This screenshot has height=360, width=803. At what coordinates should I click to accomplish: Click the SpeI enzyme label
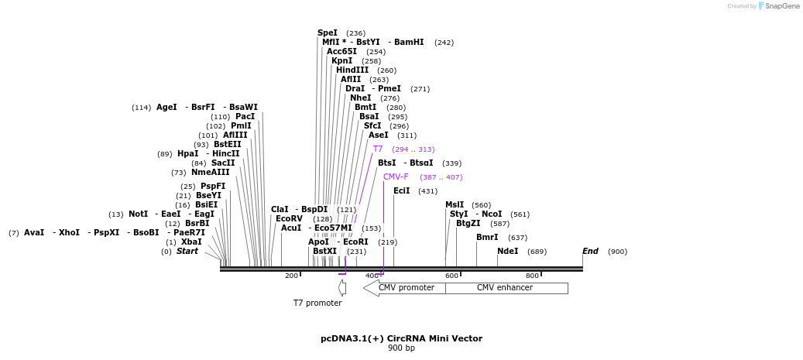(x=328, y=33)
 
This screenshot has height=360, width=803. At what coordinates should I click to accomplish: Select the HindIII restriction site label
(x=352, y=70)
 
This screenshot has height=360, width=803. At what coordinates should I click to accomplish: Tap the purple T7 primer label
(x=378, y=149)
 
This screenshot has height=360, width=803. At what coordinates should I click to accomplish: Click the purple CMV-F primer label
(x=396, y=177)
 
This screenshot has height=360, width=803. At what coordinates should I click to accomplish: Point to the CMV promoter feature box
(x=406, y=288)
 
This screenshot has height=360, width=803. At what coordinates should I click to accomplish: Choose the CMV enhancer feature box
(x=505, y=288)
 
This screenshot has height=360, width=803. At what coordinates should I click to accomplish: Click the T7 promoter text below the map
(x=317, y=303)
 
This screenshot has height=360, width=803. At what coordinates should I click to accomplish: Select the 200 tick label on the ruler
(x=291, y=276)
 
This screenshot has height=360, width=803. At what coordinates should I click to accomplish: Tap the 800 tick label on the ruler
(x=532, y=276)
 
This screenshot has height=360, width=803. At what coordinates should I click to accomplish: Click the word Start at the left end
(x=187, y=252)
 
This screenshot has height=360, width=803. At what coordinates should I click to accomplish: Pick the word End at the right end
(x=590, y=252)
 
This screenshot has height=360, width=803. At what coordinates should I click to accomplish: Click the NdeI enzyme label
(x=508, y=252)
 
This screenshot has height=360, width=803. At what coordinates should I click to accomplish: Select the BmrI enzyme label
(x=487, y=238)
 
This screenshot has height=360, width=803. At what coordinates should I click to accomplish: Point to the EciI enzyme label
(x=402, y=191)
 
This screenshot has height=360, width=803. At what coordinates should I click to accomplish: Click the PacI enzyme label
(x=245, y=117)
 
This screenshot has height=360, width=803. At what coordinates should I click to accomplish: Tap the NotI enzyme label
(x=139, y=214)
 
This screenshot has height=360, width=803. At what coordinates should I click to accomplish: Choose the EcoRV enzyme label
(x=289, y=219)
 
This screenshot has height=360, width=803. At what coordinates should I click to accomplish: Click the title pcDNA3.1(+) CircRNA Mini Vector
(x=401, y=338)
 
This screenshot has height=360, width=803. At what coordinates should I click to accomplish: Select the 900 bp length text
(x=401, y=348)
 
